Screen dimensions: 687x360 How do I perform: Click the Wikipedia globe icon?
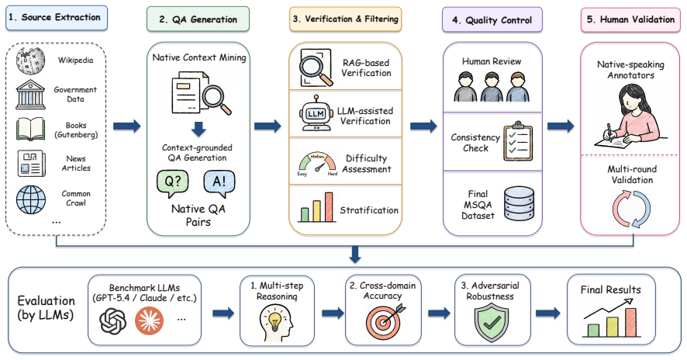click(x=31, y=60)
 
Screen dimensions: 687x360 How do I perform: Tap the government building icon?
click(x=31, y=95)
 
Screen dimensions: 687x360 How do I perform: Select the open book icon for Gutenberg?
click(x=31, y=129)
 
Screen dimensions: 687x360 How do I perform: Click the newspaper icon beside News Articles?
click(x=31, y=163)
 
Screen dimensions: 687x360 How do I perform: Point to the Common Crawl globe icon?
click(x=31, y=199)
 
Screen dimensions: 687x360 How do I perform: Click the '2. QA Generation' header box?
click(x=198, y=19)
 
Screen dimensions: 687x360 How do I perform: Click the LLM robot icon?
click(x=316, y=114)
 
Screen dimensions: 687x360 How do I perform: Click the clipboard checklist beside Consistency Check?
click(x=518, y=141)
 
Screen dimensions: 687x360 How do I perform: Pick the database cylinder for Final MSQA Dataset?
click(x=520, y=204)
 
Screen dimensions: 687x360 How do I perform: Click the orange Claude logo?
click(x=150, y=321)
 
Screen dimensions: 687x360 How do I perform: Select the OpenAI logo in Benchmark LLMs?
click(x=113, y=321)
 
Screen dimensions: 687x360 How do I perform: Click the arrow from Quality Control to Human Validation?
click(x=561, y=126)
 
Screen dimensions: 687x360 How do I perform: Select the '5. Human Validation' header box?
click(x=631, y=19)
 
